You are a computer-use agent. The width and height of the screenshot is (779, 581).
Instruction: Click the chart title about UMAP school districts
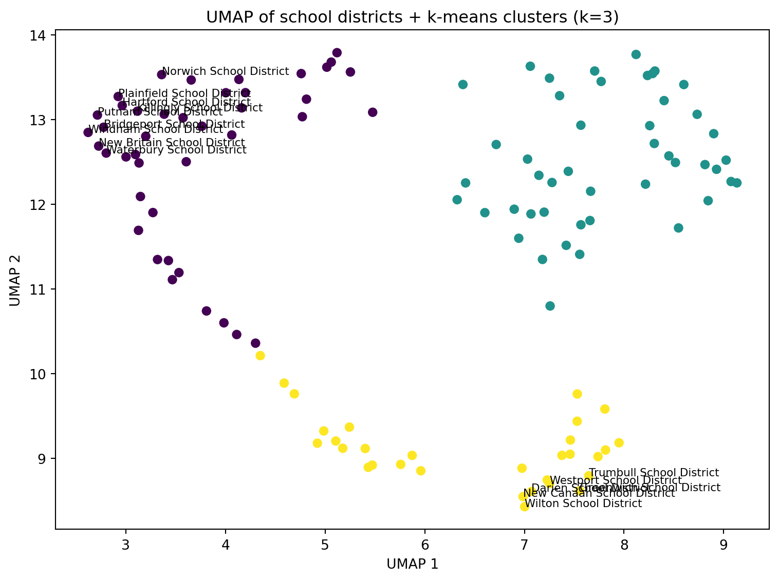pyautogui.click(x=412, y=17)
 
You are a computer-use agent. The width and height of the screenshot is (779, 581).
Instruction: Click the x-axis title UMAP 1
pyautogui.click(x=412, y=565)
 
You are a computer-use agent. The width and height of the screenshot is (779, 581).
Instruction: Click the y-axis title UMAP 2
pyautogui.click(x=15, y=279)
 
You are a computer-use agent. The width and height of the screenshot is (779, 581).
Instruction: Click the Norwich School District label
pyautogui.click(x=225, y=71)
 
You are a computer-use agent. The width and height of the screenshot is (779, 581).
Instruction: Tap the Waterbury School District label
pyautogui.click(x=176, y=150)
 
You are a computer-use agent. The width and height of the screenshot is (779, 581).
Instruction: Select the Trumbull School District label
pyautogui.click(x=654, y=473)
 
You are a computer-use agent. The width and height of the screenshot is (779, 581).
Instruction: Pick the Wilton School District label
pyautogui.click(x=583, y=503)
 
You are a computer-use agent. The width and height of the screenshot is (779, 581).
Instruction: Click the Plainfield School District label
pyautogui.click(x=184, y=93)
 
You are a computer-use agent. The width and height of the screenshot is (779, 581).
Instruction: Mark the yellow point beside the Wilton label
pyautogui.click(x=524, y=507)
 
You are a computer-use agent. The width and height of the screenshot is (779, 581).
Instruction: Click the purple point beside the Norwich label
pyautogui.click(x=161, y=74)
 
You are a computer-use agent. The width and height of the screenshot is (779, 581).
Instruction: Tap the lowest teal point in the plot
pyautogui.click(x=550, y=306)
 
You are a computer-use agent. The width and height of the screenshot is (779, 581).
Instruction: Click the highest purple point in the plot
pyautogui.click(x=337, y=52)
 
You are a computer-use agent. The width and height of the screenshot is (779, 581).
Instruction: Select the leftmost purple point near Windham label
pyautogui.click(x=88, y=132)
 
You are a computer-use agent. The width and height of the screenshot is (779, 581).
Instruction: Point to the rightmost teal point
pyautogui.click(x=737, y=183)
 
